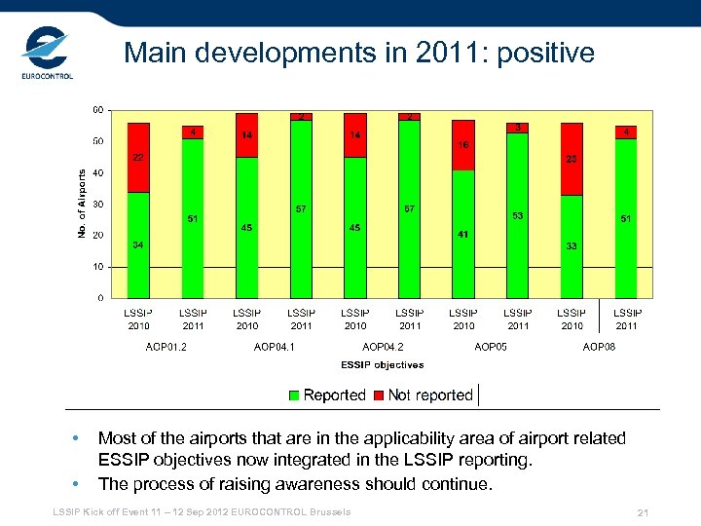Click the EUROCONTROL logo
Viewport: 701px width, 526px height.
pos(47,56)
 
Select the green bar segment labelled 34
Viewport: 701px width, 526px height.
pos(138,244)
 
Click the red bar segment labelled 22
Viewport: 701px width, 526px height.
pos(138,158)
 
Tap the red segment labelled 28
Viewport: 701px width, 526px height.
pos(572,159)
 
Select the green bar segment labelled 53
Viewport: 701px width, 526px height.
pos(518,215)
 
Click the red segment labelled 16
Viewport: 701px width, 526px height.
pos(463,145)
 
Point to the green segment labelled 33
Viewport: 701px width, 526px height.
pos(572,246)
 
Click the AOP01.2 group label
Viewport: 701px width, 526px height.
pos(166,346)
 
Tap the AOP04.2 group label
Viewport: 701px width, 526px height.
pos(383,346)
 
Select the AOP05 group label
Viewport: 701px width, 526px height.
pos(491,346)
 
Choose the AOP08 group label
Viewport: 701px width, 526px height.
pos(599,346)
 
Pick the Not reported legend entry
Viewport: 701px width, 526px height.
pos(429,395)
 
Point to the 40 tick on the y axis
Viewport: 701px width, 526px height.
pos(98,173)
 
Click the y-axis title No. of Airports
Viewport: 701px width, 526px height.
pos(81,203)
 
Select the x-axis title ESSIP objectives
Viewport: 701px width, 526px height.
pos(383,365)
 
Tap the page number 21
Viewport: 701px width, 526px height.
pos(642,512)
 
